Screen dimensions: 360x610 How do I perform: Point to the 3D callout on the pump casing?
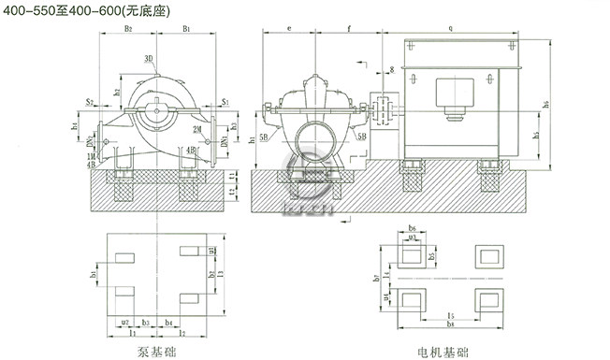[x=149, y=59]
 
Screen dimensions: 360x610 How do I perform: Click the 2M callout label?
[x=198, y=127]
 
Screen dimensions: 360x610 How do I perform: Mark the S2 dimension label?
[x=88, y=100]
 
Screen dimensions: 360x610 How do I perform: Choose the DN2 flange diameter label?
[x=90, y=144]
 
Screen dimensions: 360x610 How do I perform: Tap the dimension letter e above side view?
[x=291, y=30]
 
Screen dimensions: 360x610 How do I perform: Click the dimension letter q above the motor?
[x=451, y=30]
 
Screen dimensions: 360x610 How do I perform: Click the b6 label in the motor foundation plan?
[x=414, y=228]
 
